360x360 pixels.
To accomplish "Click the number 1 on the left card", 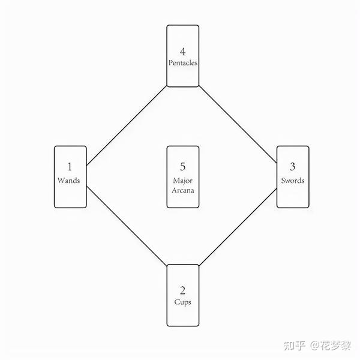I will pos(69,167).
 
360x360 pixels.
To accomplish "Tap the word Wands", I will pos(69,180).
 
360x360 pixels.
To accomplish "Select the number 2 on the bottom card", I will pos(182,290).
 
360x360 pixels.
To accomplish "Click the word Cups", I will pos(182,302).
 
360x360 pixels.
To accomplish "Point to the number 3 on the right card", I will pos(292,167).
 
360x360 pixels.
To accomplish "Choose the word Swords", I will pos(292,180).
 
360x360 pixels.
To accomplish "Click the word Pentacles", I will pos(182,62).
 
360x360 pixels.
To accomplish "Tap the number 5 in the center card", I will pos(182,167).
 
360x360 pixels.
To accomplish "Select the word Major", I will pos(182,180).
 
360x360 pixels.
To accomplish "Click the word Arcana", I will pos(182,191).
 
